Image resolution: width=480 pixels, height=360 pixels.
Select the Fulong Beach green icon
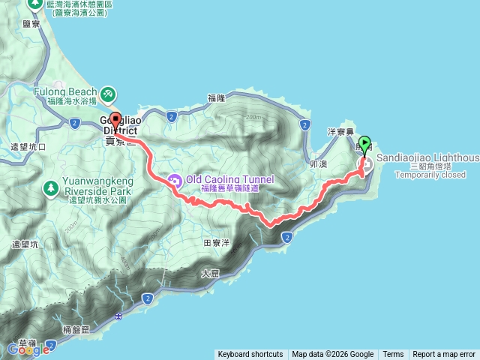click(x=109, y=93)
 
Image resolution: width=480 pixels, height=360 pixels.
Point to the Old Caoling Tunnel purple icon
click(x=175, y=180)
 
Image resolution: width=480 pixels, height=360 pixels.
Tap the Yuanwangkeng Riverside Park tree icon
click(x=51, y=187)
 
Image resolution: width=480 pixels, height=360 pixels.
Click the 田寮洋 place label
click(x=217, y=243)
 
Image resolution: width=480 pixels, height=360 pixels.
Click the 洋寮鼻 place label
click(x=340, y=130)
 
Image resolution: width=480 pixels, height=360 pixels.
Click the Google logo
click(x=28, y=349)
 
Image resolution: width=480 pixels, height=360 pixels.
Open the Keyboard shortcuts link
click(x=250, y=355)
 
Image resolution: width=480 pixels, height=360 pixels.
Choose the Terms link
click(x=393, y=355)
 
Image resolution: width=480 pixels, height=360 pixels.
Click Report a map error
click(x=444, y=355)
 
